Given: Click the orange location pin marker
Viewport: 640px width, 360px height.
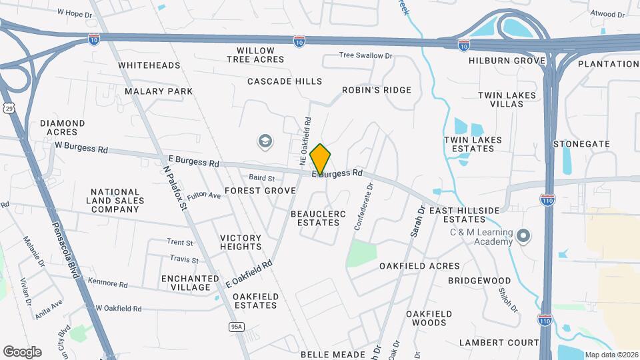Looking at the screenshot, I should [321, 159].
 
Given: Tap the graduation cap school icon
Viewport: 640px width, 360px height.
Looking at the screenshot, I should [265, 141].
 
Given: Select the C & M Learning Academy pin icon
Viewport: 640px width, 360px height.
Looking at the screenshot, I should [524, 236].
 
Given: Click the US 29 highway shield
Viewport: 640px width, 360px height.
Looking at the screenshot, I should [9, 108].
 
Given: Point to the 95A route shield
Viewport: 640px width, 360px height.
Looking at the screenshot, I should [237, 326].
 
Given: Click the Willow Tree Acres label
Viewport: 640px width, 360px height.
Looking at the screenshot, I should [255, 55].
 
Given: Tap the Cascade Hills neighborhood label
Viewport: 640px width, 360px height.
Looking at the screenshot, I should [285, 81].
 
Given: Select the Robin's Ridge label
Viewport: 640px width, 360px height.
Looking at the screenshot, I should [377, 90].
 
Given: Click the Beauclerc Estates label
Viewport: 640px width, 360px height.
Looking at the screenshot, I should [315, 217].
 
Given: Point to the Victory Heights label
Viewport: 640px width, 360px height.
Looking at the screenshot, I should [241, 242].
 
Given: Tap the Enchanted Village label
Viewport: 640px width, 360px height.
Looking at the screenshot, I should [190, 283].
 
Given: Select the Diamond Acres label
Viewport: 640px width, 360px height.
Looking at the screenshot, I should [63, 127].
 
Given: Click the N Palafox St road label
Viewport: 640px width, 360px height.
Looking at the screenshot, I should [174, 188].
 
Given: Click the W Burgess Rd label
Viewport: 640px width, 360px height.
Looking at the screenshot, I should [81, 147].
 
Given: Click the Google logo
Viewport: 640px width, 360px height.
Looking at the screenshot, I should [22, 351].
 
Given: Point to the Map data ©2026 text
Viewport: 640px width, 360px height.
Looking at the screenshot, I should [611, 355].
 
